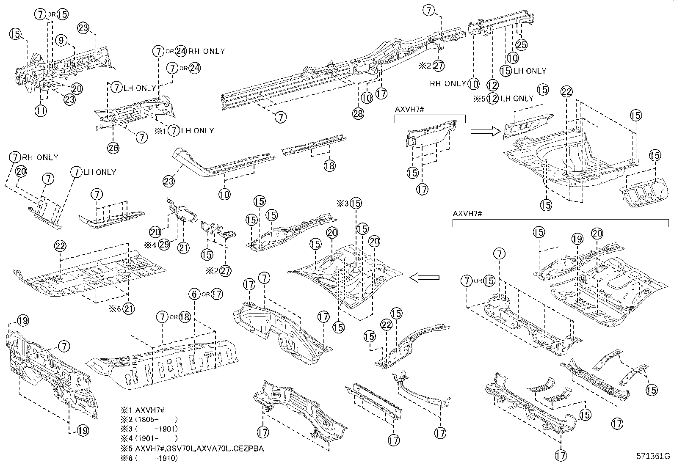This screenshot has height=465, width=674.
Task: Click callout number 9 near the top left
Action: click(61, 41)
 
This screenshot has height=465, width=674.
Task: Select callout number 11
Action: click(41, 111)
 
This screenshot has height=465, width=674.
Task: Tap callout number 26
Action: click(113, 147)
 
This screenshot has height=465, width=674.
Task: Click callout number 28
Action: click(358, 114)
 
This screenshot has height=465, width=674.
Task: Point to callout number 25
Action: click(521, 44)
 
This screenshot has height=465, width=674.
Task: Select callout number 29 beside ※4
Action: click(164, 245)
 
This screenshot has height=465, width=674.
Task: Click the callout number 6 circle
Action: click(194, 294)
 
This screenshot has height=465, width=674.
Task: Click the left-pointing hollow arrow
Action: click(424, 278)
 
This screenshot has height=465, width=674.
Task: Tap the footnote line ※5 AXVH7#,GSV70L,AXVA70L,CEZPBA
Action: click(193, 448)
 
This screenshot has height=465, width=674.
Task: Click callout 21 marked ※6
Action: click(129, 309)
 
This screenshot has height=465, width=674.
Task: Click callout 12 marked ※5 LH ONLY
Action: click(492, 99)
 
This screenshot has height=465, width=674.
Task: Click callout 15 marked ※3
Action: click(356, 203)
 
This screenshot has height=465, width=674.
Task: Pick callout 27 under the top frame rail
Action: click(439, 66)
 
